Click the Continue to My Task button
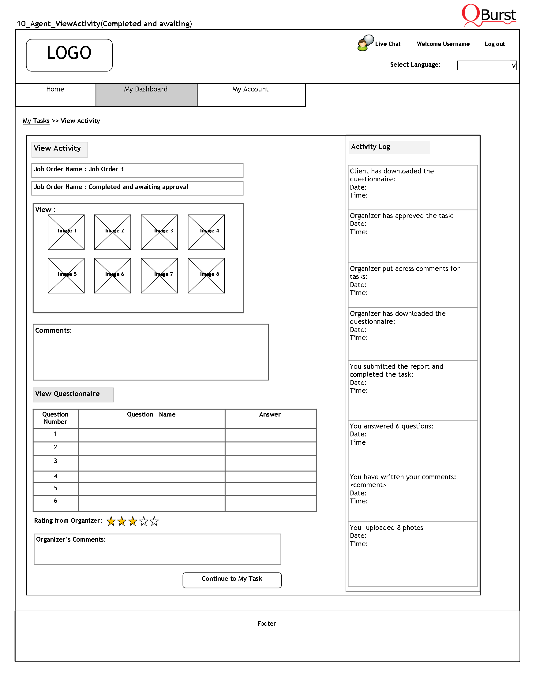[232, 580]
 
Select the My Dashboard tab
[146, 94]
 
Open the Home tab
[55, 94]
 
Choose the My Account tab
[251, 94]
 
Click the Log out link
[494, 44]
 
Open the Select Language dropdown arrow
[513, 66]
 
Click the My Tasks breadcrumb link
[36, 121]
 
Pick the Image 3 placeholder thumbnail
[159, 232]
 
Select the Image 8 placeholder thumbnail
[206, 276]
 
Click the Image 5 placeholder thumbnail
[66, 276]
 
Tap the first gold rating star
[111, 521]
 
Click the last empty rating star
[154, 521]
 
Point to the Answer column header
[270, 414]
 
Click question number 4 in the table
[56, 476]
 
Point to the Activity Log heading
[371, 147]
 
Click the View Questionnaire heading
[67, 394]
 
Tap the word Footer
[267, 624]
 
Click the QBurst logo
[489, 15]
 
